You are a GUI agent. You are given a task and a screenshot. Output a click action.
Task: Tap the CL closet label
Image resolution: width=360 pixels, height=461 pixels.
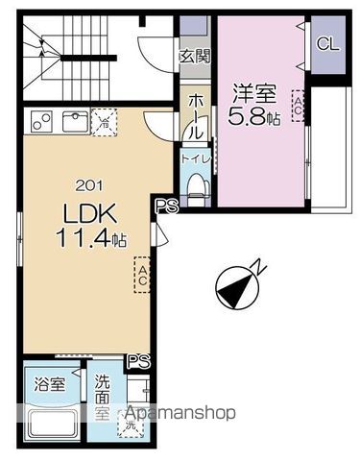click(x=327, y=44)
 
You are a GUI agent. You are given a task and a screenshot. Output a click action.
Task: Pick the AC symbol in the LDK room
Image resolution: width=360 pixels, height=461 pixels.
click(x=142, y=276)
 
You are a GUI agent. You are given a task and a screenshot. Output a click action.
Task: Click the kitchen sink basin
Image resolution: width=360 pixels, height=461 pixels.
click(x=73, y=121)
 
